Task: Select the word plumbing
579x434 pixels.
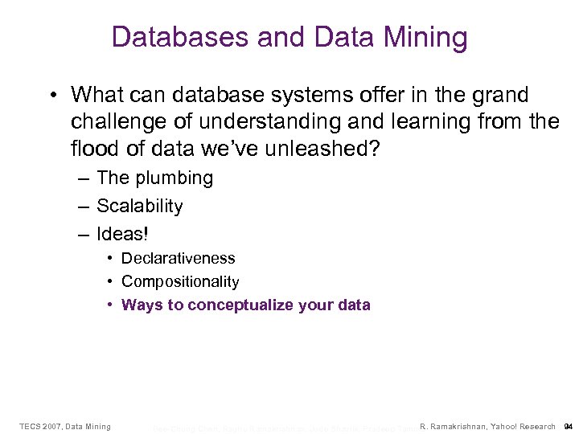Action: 175,178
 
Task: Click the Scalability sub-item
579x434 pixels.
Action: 140,207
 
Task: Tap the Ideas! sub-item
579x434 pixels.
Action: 123,234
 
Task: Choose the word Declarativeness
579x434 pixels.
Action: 179,259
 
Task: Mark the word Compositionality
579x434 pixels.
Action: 180,282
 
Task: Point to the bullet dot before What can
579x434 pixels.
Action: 51,96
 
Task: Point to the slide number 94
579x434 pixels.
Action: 568,426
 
